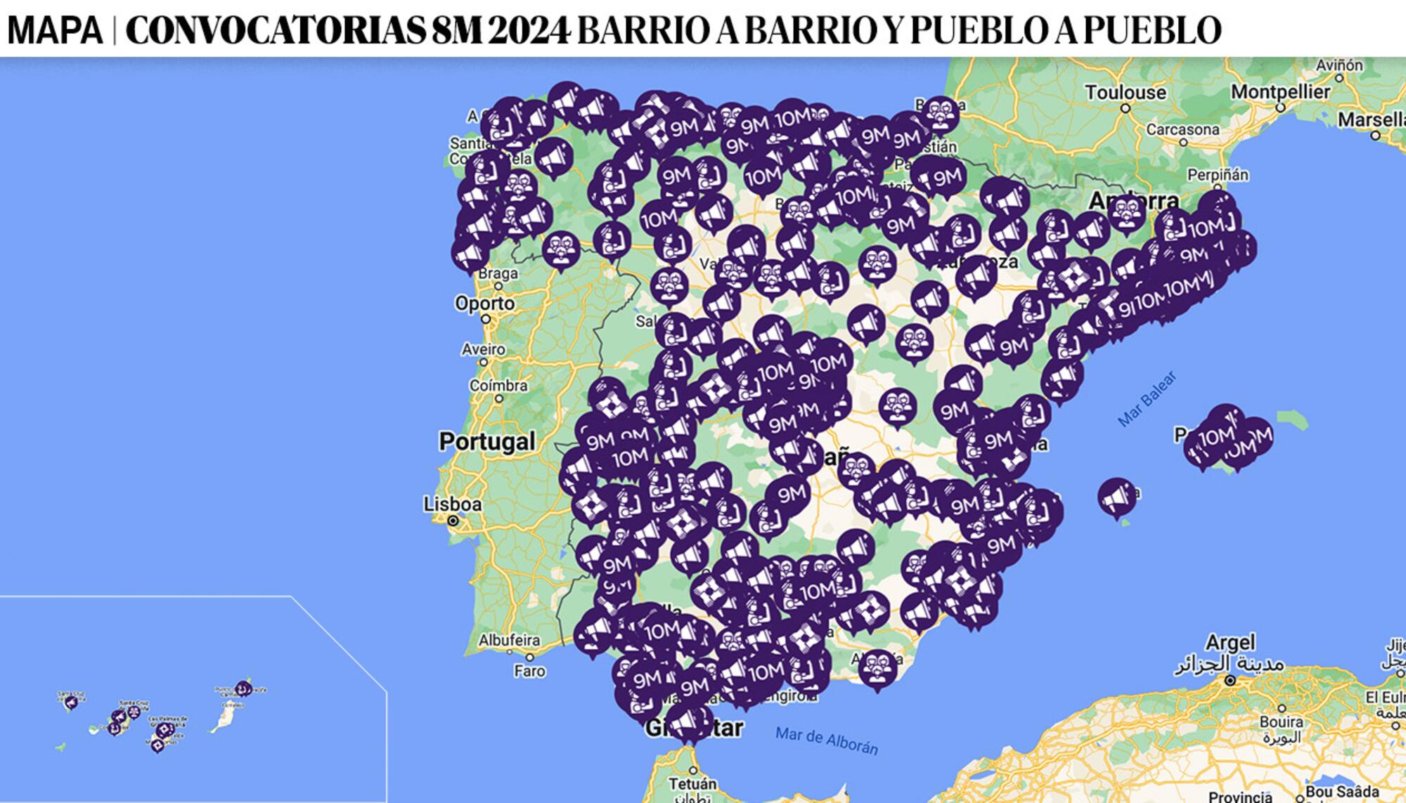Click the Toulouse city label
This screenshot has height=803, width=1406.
click(1125, 93)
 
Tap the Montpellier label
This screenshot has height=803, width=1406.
click(1280, 92)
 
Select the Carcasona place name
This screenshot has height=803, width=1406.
click(1182, 130)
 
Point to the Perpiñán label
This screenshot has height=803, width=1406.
click(1218, 174)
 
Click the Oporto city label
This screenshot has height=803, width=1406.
click(484, 303)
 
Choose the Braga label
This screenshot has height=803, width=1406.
click(498, 273)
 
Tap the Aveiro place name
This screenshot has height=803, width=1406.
click(483, 349)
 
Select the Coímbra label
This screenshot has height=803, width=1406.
click(498, 386)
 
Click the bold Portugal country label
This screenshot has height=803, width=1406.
click(486, 441)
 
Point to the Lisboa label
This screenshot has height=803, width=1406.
click(452, 504)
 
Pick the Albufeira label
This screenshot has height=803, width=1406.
click(509, 640)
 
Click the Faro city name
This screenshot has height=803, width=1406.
click(529, 671)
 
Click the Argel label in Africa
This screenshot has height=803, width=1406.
click(1230, 642)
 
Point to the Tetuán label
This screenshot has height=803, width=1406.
click(692, 783)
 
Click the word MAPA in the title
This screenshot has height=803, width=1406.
click(55, 30)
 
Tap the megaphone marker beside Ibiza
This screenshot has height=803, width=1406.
click(1115, 496)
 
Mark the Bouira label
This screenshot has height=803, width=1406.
click(1281, 722)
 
